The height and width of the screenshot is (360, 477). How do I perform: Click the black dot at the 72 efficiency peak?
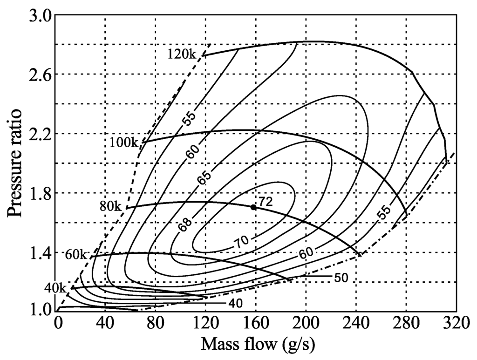tap(253, 207)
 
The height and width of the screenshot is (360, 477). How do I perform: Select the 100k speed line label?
tap(124, 142)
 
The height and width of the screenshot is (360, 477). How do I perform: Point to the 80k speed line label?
tap(111, 206)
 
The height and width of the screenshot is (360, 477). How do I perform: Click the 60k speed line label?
tap(76, 254)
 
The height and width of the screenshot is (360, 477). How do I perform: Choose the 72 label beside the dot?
tap(266, 202)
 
